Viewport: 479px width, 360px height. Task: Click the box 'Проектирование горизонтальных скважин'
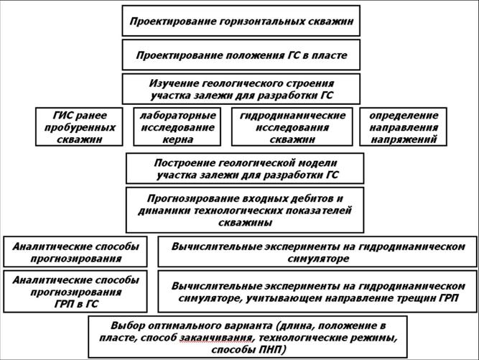(241, 21)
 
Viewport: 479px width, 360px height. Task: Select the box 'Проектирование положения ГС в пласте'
(241, 55)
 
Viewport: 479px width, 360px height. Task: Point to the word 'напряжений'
(403, 139)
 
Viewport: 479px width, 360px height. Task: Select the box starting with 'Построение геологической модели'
(244, 168)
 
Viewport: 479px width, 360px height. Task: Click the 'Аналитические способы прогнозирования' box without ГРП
(75, 251)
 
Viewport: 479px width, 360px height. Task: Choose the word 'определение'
(403, 115)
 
